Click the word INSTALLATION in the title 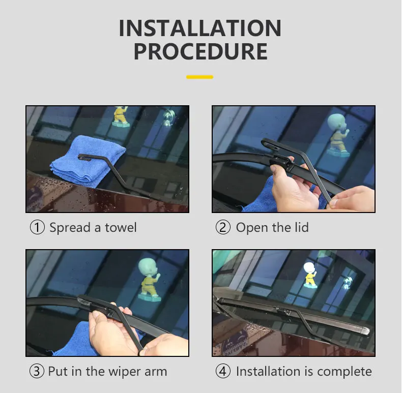click(200, 28)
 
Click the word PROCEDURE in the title click(200, 51)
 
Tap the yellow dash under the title click(199, 77)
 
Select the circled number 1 click(38, 227)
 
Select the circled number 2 click(223, 227)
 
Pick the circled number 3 click(37, 371)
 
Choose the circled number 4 click(223, 371)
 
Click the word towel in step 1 click(121, 227)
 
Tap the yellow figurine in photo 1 click(121, 116)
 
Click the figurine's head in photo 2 click(337, 123)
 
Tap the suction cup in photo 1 click(168, 118)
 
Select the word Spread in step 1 click(70, 228)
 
